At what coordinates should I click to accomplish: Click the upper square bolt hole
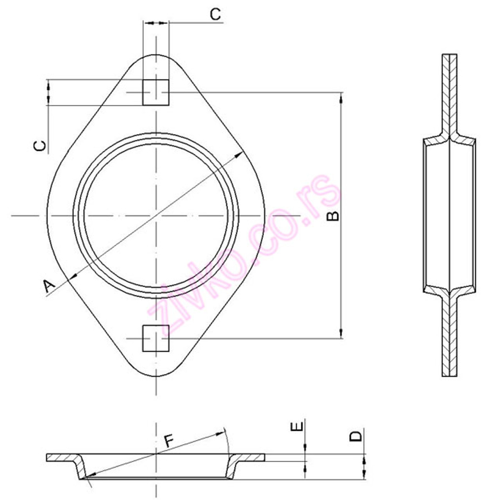[x=155, y=92]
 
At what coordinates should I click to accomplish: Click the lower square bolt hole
[x=155, y=338]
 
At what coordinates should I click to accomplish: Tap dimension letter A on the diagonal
[x=48, y=286]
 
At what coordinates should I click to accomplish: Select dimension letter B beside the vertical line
[x=333, y=216]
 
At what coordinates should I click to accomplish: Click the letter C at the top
[x=215, y=14]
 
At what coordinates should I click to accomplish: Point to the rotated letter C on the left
[x=40, y=146]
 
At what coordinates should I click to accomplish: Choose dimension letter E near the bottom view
[x=297, y=427]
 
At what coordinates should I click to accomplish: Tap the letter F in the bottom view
[x=168, y=441]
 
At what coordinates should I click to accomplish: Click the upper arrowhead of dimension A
[x=239, y=155]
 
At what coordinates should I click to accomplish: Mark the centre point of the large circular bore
[x=156, y=216]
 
